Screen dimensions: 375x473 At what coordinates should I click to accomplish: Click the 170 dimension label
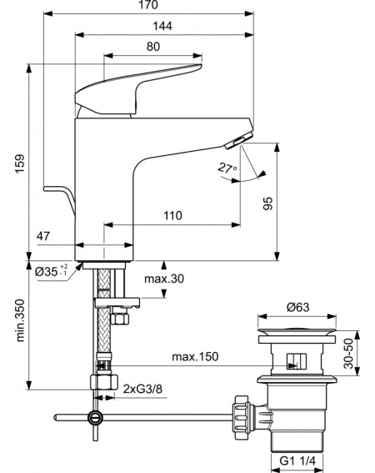(148, 4)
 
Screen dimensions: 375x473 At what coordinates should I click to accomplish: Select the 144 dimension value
(162, 26)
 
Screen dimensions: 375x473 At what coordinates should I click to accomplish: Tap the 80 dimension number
(153, 47)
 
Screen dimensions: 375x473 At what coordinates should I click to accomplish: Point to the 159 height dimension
(20, 164)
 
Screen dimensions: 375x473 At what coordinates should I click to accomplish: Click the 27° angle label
(227, 168)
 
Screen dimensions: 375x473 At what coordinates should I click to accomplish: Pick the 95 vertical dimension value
(267, 204)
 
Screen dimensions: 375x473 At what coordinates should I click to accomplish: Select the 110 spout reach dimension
(172, 216)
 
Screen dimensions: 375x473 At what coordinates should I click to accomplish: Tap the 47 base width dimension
(43, 236)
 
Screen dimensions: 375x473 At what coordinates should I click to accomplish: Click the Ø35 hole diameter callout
(51, 271)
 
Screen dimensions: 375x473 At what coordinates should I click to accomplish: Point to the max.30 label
(164, 279)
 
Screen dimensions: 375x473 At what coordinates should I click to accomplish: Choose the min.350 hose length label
(20, 320)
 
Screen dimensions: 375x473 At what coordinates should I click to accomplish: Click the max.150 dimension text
(195, 357)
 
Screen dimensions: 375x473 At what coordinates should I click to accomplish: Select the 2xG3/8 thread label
(142, 389)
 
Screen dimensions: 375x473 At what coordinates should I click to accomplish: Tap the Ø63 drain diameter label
(297, 307)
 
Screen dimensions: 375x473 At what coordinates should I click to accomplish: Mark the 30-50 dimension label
(348, 354)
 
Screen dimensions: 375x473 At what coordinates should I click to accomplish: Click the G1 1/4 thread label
(297, 461)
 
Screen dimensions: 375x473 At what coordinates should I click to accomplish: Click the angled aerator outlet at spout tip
(238, 141)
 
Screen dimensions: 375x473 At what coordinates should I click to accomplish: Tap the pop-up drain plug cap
(297, 332)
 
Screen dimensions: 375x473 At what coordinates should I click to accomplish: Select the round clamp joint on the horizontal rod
(95, 418)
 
